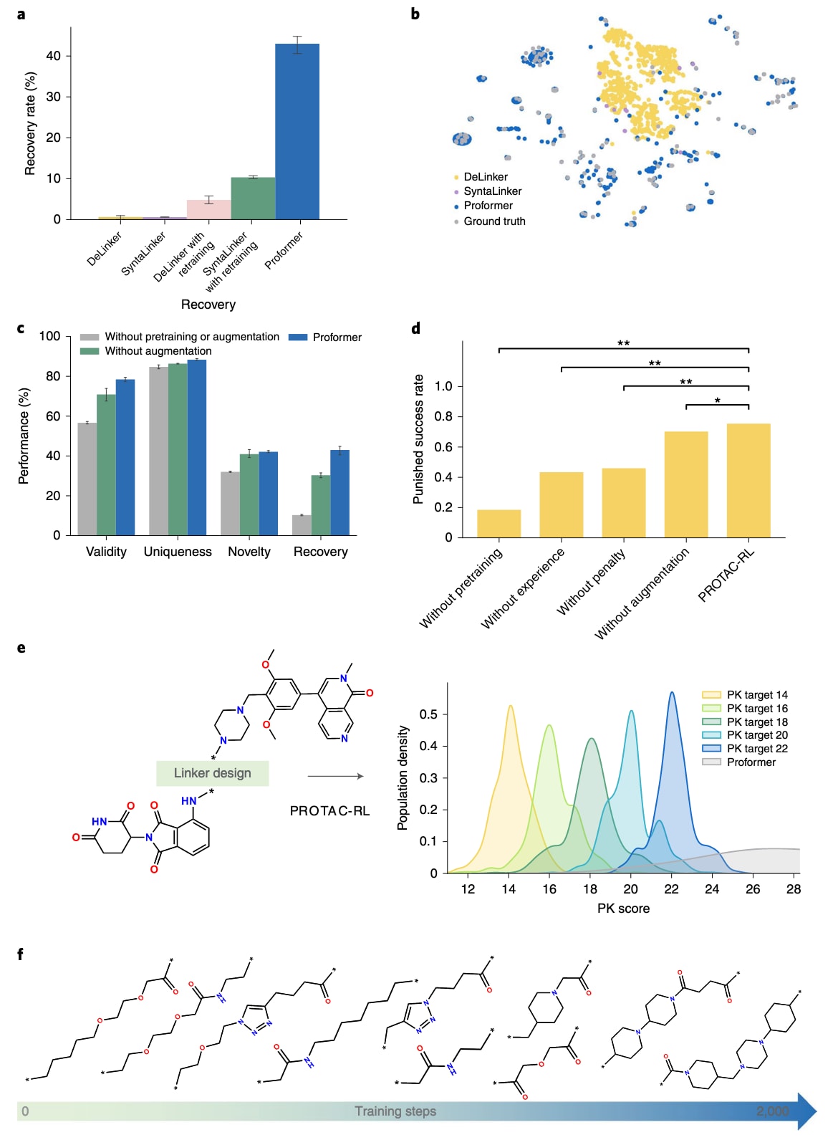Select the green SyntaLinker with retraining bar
tap(253, 198)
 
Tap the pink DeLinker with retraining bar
tap(208, 209)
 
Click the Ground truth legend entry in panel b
tap(494, 221)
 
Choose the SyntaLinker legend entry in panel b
tap(492, 191)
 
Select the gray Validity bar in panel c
tap(87, 479)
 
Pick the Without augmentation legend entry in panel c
tap(158, 351)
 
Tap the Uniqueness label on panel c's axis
tap(178, 552)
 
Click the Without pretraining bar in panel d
tap(499, 524)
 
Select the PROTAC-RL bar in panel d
tap(748, 480)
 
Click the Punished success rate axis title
tap(418, 439)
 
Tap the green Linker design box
tap(213, 773)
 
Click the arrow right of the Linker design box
tap(335, 776)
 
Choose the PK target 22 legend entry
tap(756, 749)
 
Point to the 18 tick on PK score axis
tap(590, 889)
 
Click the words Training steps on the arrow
tap(395, 1111)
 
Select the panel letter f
tap(21, 954)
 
